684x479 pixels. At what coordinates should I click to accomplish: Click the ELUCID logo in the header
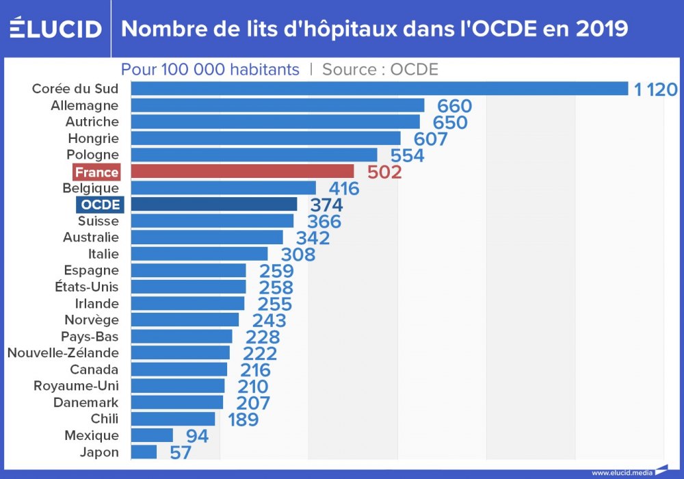pos(55,29)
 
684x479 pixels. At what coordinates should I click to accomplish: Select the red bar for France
pos(242,171)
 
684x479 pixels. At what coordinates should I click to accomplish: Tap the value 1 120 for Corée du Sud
pos(655,89)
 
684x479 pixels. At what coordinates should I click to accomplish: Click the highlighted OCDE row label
pos(99,205)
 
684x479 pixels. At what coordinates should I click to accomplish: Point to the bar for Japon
pos(144,452)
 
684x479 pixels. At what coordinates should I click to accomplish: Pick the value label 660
pos(455,106)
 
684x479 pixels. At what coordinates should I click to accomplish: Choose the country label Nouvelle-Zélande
pos(63,353)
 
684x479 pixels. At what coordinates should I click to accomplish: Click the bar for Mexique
pos(152,435)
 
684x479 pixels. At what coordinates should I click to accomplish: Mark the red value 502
pos(384,172)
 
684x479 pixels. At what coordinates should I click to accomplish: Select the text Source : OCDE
pos(380,69)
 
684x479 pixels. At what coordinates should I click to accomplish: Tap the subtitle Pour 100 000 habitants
pos(210,69)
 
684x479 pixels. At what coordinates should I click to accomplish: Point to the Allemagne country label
pos(85,105)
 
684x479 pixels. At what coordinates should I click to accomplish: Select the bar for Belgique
pos(223,187)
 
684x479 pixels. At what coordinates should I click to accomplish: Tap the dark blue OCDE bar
pos(214,204)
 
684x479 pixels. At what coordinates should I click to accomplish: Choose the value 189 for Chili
pos(243,419)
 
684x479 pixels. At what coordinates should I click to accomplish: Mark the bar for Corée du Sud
pos(379,89)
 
